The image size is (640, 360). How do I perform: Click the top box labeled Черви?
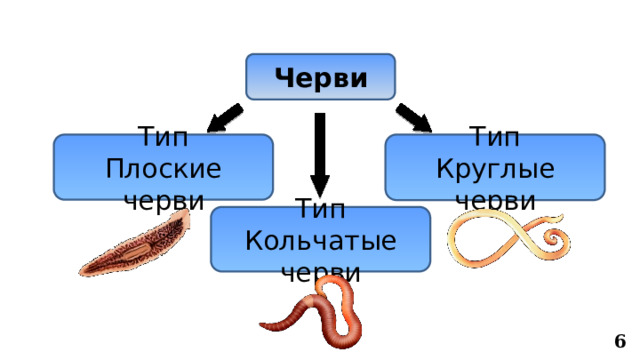pos(320,77)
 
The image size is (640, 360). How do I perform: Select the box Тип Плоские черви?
pos(163,166)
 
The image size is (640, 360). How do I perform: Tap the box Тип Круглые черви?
pos(495,166)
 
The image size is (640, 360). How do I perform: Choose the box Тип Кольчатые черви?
pos(320,239)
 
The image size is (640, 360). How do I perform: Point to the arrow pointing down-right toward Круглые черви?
pos(414,117)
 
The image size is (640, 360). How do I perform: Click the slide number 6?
pos(620,341)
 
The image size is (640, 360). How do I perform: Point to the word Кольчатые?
pos(320,241)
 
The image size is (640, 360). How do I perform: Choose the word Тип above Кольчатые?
pos(320,211)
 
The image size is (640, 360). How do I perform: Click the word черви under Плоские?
pos(163,198)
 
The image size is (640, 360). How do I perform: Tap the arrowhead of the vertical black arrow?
pos(319,186)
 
